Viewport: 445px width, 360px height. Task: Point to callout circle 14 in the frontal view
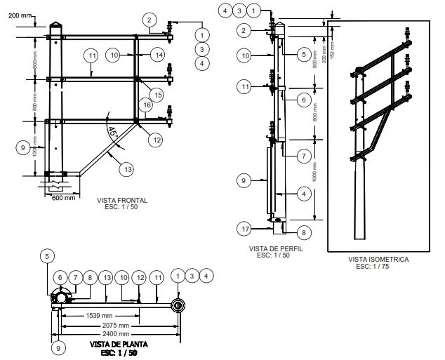(x=159, y=55)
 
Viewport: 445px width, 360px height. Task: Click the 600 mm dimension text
(x=63, y=197)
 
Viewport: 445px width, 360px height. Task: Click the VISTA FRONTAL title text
(x=122, y=200)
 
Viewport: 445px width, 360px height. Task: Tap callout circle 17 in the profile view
(x=244, y=229)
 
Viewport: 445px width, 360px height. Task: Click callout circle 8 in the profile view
(x=303, y=232)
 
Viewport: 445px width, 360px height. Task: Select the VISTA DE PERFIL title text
(x=270, y=248)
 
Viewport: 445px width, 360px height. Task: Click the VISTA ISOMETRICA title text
(x=378, y=259)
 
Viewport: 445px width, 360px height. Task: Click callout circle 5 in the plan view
(x=46, y=257)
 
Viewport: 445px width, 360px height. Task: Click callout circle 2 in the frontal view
(x=150, y=21)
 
